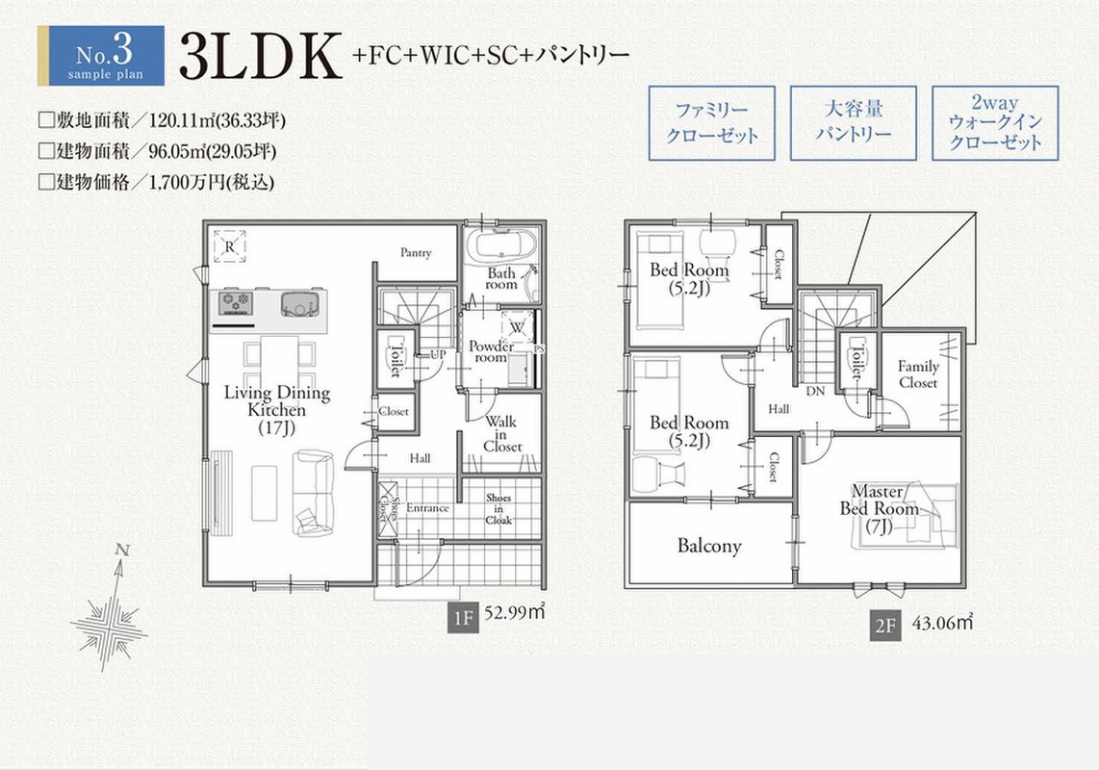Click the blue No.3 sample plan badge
[x=101, y=56]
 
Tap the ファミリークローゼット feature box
[x=711, y=123]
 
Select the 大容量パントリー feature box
[x=853, y=123]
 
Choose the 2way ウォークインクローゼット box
[x=994, y=123]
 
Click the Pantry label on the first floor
[x=416, y=252]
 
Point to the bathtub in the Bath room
[x=501, y=246]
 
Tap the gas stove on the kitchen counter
[x=235, y=303]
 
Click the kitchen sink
[x=302, y=303]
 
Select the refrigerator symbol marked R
[x=229, y=246]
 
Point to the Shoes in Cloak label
[x=498, y=508]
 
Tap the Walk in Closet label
[x=501, y=434]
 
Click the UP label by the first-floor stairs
[x=437, y=355]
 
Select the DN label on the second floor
[x=815, y=392]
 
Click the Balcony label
[x=709, y=546]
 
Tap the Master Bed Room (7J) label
[x=879, y=508]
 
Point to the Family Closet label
[x=918, y=373]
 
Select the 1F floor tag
[x=463, y=618]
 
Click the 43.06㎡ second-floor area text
[x=943, y=622]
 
